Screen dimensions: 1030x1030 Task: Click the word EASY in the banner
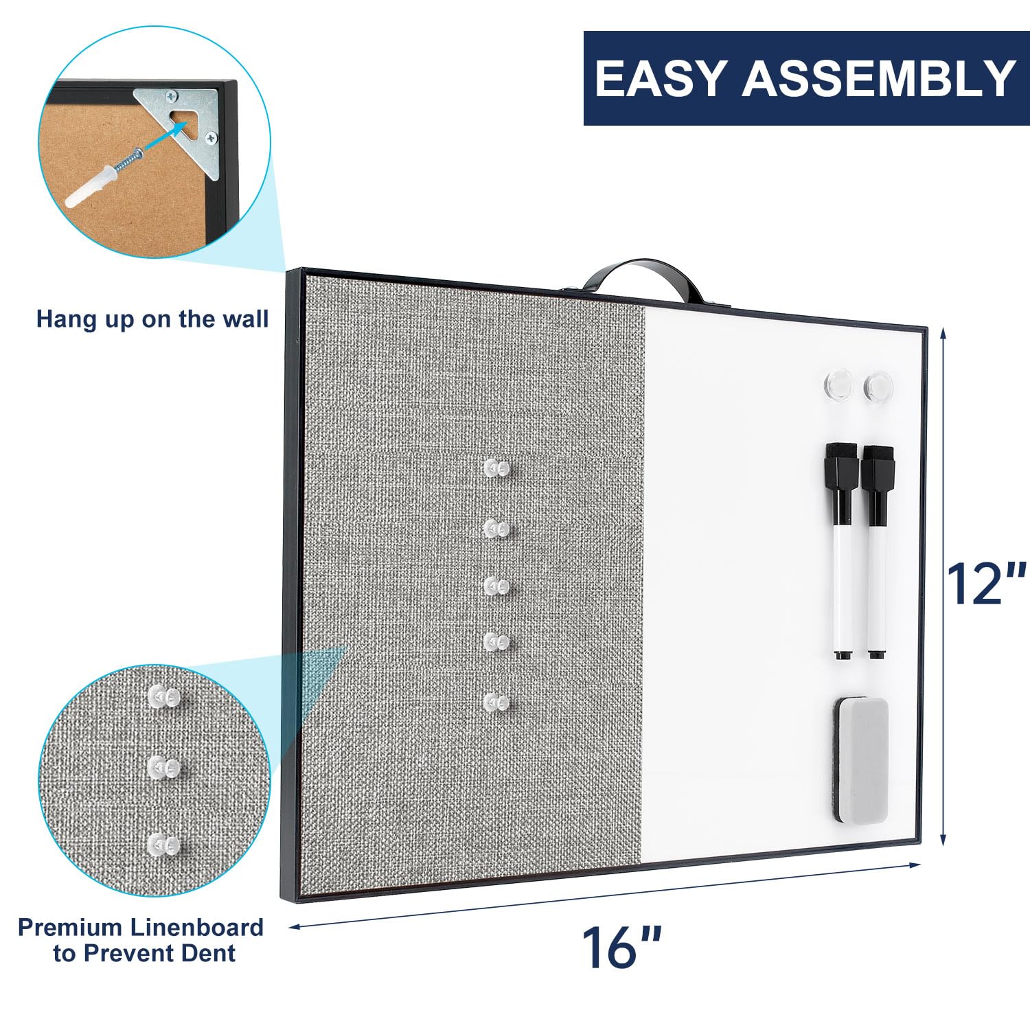coord(659,78)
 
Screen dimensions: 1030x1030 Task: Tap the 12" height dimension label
coord(986,584)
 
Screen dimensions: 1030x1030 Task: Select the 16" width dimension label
coord(622,948)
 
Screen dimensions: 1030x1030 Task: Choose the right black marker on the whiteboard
coord(878,552)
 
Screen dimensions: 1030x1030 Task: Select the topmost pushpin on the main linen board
coord(497,468)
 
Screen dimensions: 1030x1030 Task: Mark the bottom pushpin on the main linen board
coord(497,702)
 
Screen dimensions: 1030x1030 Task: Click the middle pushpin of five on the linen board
coord(497,585)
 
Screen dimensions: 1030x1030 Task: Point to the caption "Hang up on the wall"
coord(152,319)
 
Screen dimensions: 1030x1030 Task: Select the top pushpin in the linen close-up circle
coord(164,698)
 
